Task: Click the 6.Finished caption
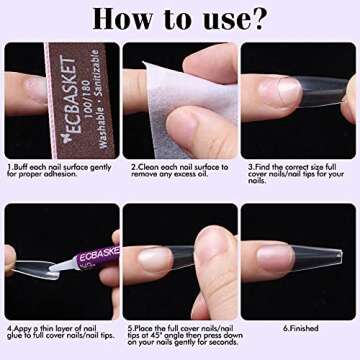299,327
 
